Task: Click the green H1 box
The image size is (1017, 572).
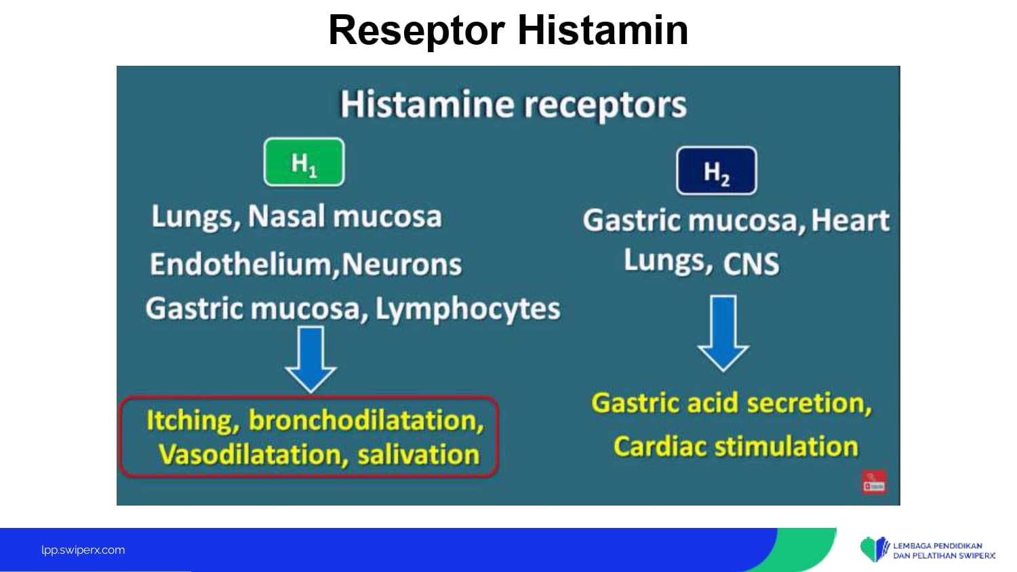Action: tap(304, 163)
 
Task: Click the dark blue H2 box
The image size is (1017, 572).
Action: tap(717, 171)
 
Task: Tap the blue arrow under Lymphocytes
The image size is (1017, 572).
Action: tap(311, 359)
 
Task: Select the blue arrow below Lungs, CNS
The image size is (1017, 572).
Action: tap(723, 332)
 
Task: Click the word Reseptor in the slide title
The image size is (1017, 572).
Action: tap(416, 30)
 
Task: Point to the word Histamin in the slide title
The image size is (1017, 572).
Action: tap(603, 30)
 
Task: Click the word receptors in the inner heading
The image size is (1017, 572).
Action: tap(605, 105)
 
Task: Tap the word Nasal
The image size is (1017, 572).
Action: tap(287, 217)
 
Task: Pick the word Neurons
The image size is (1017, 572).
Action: tap(402, 264)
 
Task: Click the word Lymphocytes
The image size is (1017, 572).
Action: tap(468, 309)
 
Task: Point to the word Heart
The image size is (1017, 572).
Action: tap(850, 220)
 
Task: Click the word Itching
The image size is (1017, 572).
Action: tap(189, 421)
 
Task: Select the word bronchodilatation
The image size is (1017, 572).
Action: tap(366, 421)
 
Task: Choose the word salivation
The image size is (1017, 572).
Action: tap(418, 455)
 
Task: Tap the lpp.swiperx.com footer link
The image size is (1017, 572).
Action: tap(83, 550)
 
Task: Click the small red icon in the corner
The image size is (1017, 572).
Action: tap(874, 483)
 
